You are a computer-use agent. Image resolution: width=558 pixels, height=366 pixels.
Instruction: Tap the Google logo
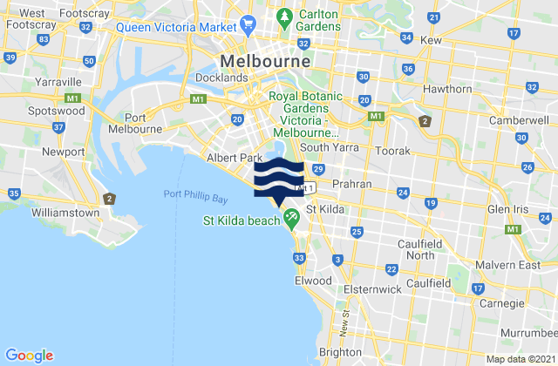29,355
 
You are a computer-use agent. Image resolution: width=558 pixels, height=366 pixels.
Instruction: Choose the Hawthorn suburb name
446,90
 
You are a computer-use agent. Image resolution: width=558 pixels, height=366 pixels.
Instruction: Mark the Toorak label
391,151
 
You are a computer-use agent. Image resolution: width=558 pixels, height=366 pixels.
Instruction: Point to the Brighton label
340,351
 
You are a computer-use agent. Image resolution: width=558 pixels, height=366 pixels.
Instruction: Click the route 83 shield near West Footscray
43,40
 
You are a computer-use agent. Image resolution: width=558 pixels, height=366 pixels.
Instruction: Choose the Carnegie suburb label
503,307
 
